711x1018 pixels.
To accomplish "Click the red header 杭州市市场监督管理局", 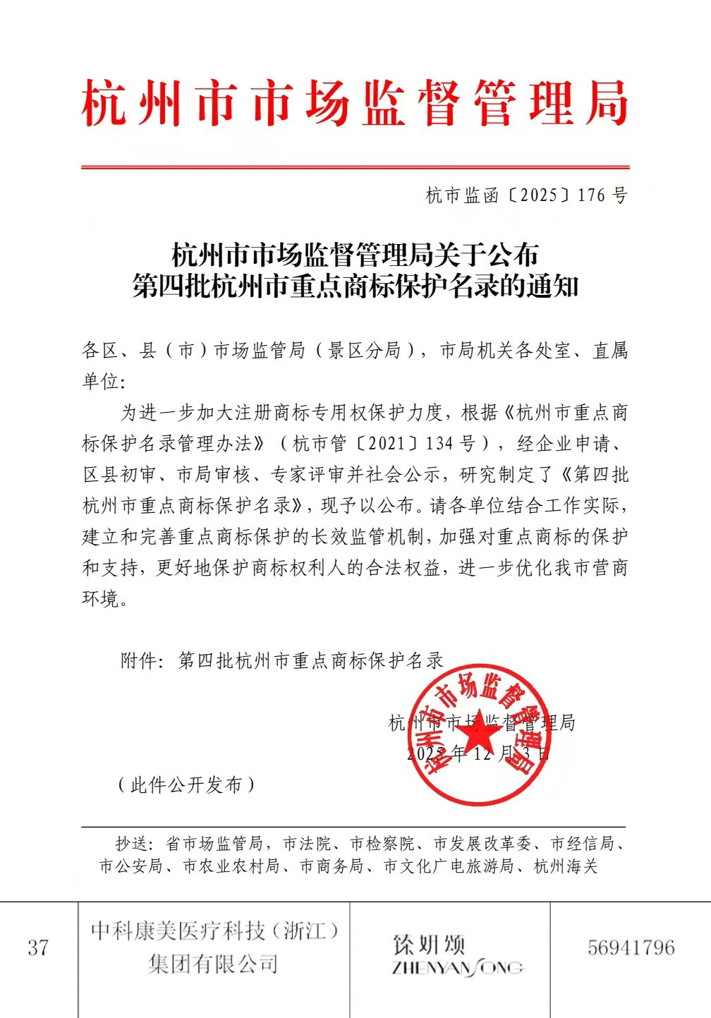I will tap(355, 104).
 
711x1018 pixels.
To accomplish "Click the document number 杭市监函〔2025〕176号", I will tap(526, 195).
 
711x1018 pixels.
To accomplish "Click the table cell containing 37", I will tap(38, 947).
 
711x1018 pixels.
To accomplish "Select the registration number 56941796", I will tap(631, 947).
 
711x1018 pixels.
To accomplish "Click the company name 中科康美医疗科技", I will tap(214, 932).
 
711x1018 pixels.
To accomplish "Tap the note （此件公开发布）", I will tap(186, 784).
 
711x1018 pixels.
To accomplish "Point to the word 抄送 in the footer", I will tap(131, 844).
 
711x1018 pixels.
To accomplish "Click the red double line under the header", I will tap(355, 167).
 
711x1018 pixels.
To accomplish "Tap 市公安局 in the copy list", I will tap(130, 866).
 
